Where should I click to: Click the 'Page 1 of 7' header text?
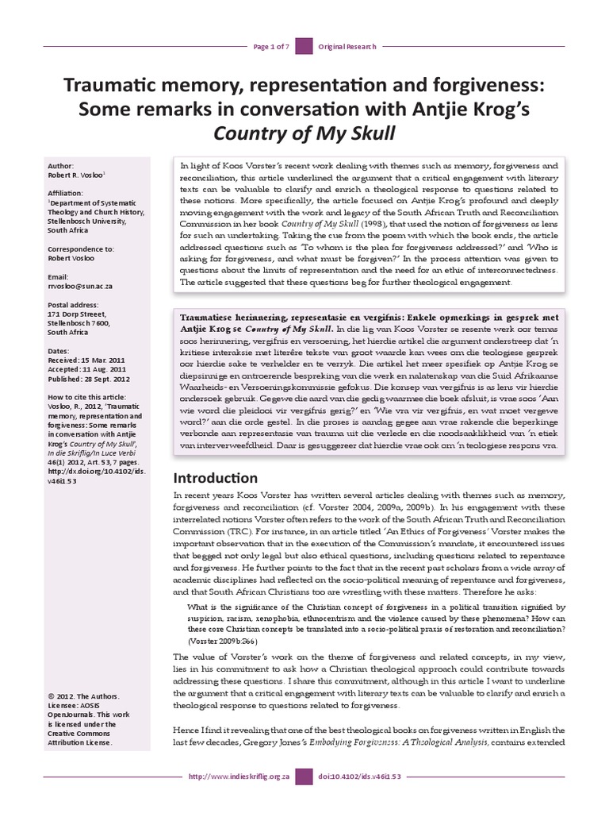[x=270, y=25]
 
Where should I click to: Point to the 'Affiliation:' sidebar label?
[x=68, y=191]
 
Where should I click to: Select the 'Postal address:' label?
[x=73, y=302]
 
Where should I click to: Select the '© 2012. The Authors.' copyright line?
[x=82, y=695]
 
